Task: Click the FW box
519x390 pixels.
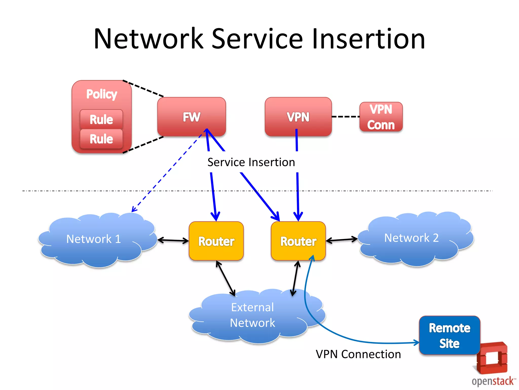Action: click(x=191, y=117)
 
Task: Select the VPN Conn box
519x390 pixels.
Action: click(x=381, y=117)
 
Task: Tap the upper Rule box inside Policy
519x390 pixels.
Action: click(x=101, y=119)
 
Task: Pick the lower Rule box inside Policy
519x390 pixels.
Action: click(x=101, y=139)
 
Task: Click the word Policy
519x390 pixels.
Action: click(x=102, y=94)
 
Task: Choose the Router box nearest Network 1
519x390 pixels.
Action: click(x=216, y=241)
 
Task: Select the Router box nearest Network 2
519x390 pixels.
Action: click(x=298, y=241)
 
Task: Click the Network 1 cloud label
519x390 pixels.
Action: click(x=94, y=239)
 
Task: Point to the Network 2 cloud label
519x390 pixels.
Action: click(x=411, y=238)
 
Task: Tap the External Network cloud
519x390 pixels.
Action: click(x=253, y=315)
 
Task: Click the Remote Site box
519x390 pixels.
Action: click(x=450, y=335)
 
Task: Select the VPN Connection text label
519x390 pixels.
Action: click(x=358, y=354)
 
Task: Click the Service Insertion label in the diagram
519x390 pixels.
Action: click(x=251, y=162)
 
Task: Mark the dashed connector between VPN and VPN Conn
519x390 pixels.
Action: click(x=345, y=117)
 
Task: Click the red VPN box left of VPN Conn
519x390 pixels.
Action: click(x=298, y=117)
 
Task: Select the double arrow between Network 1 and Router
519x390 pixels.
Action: click(x=173, y=240)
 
